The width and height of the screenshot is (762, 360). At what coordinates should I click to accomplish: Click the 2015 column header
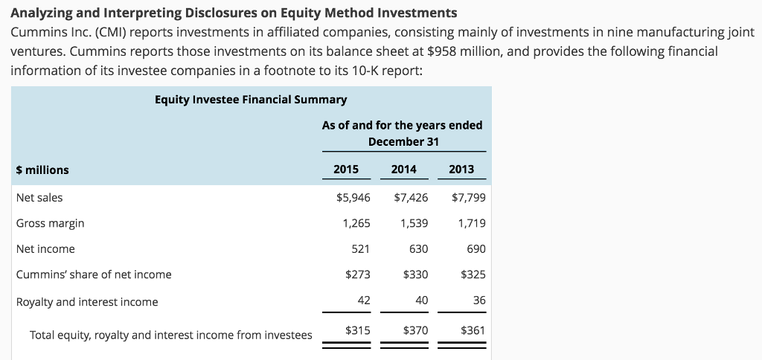346,170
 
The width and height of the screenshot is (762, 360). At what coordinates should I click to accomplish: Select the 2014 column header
403,170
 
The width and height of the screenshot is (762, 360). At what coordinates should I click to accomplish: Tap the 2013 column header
461,170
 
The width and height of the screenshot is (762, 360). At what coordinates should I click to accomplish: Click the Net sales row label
39,198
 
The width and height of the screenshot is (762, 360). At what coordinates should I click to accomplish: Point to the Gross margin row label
50,223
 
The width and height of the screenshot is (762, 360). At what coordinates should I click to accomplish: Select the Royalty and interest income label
87,302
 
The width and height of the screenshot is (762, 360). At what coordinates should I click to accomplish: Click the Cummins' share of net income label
94,274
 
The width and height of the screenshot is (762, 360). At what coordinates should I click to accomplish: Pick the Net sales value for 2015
353,198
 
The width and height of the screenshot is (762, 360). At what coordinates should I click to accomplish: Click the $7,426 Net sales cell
411,198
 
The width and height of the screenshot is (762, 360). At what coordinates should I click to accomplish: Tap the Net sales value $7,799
468,198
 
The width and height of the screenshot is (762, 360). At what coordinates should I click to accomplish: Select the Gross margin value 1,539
414,223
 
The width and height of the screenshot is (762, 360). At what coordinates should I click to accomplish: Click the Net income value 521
361,249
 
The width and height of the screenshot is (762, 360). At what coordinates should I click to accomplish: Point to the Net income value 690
476,249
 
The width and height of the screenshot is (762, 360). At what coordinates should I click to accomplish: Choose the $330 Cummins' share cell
415,274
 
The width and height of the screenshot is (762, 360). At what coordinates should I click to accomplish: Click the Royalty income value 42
363,300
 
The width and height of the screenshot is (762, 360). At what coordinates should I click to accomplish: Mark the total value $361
473,330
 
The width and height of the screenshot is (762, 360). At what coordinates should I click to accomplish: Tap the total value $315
358,330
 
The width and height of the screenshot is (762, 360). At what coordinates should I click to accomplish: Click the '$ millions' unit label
42,170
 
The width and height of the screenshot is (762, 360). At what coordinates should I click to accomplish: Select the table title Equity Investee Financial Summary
251,100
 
